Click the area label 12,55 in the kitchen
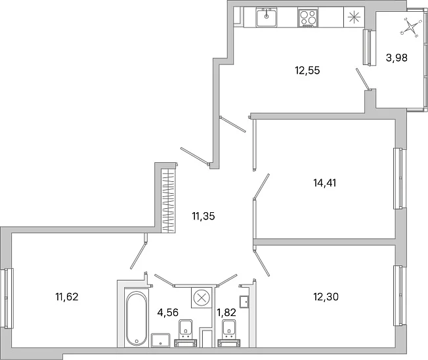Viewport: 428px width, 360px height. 307,70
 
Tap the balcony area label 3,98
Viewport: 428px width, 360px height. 396,58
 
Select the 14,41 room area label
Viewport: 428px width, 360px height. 324,183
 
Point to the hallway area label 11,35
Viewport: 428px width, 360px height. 203,216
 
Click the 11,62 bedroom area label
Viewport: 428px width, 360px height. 67,297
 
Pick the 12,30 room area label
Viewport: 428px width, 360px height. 326,297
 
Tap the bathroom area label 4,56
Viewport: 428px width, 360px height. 168,312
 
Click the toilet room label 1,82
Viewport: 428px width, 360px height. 226,312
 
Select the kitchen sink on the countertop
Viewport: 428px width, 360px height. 267,17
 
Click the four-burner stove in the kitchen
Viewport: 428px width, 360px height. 308,18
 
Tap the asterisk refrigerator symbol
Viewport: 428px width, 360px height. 354,17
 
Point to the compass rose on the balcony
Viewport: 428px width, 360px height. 409,27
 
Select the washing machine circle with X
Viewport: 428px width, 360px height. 202,297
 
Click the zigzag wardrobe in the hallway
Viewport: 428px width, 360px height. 168,200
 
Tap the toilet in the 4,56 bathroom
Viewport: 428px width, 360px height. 185,333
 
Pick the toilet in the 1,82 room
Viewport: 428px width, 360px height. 229,333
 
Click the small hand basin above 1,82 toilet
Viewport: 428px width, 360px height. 244,302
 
